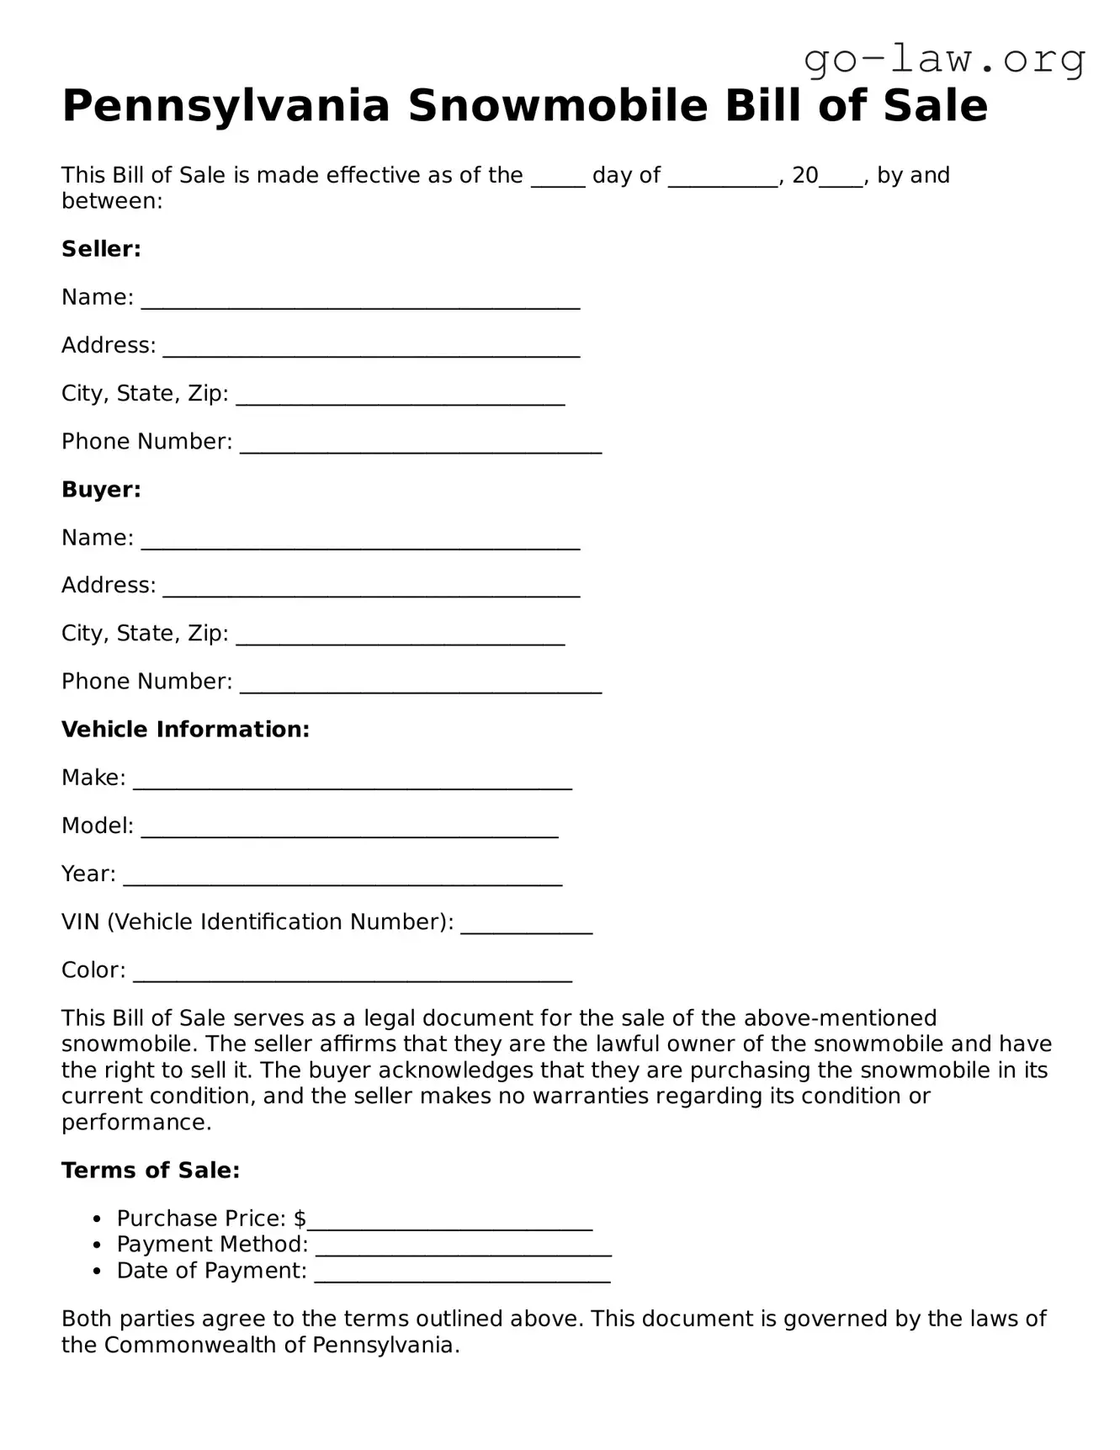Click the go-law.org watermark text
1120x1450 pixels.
(944, 60)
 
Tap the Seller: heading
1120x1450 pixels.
(101, 249)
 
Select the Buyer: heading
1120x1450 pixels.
(101, 490)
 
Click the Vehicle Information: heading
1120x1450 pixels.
(185, 730)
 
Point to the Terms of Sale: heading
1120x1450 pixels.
(151, 1171)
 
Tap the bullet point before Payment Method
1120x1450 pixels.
(98, 1246)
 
